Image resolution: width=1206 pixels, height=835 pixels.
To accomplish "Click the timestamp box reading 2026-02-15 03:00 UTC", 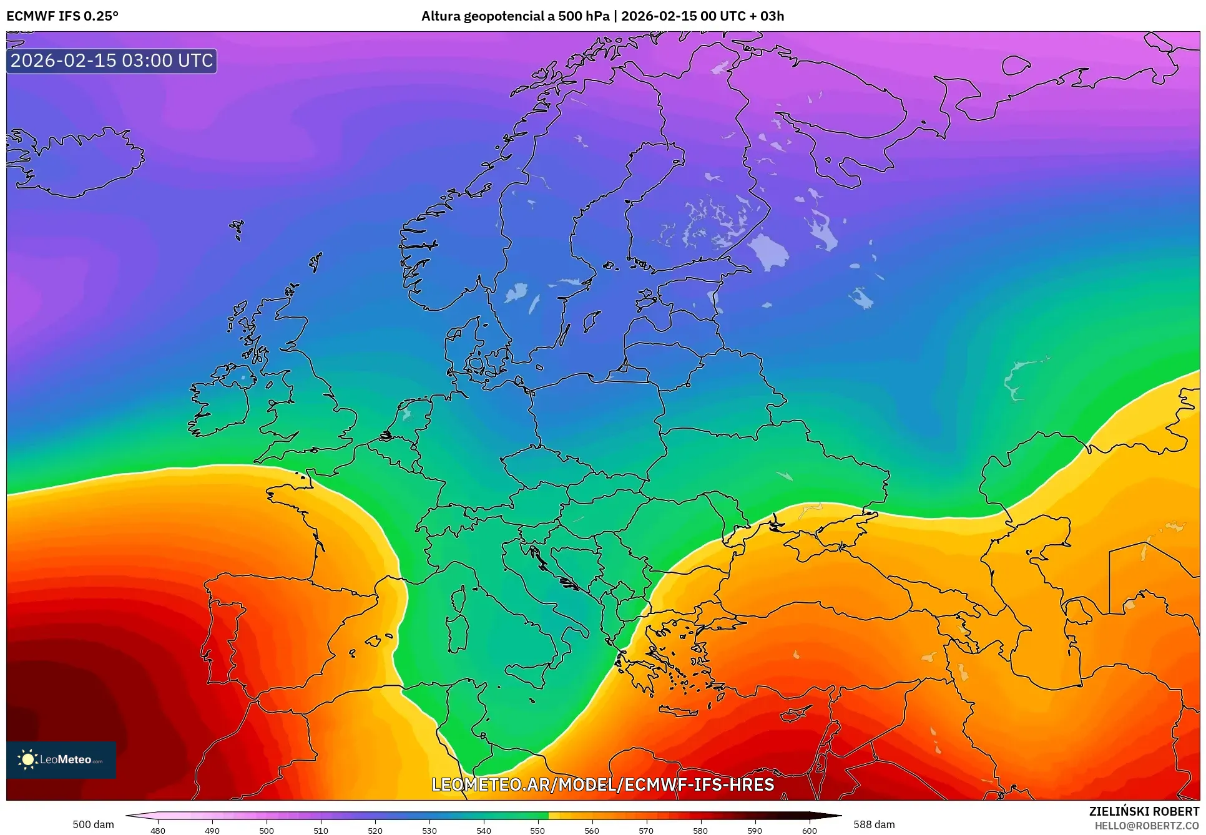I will tap(112, 61).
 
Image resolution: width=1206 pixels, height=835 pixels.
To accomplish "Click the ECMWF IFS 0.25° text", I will tap(62, 16).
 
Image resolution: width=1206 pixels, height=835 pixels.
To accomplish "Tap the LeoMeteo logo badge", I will tap(61, 759).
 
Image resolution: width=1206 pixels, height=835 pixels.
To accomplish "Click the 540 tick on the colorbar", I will tap(483, 830).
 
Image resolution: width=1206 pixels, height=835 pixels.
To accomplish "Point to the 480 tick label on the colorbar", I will tap(158, 830).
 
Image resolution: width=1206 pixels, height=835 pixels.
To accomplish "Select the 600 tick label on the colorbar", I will tap(809, 830).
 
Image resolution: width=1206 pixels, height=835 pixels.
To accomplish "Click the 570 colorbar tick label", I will tap(646, 830).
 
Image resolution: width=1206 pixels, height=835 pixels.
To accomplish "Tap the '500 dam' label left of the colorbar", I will tap(93, 824).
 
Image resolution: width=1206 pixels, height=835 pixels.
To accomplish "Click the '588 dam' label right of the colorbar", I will tap(874, 824).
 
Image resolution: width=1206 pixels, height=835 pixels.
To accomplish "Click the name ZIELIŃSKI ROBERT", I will tap(1144, 811).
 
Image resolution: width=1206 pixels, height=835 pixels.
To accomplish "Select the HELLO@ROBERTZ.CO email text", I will tap(1146, 826).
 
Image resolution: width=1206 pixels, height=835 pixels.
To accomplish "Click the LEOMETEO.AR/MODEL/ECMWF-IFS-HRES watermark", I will tap(602, 784).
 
